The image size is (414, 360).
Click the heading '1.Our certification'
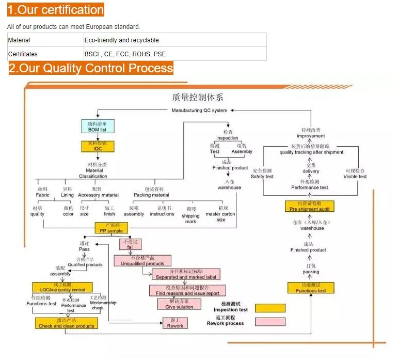click(x=56, y=10)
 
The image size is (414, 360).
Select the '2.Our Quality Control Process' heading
click(x=91, y=68)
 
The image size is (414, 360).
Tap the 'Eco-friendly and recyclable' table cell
click(x=122, y=40)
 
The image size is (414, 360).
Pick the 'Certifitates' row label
click(x=23, y=54)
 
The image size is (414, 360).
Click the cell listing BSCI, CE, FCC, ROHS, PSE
click(x=125, y=54)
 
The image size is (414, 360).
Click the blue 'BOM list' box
click(x=97, y=127)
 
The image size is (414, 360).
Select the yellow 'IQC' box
click(x=97, y=146)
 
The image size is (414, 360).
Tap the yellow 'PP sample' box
click(x=111, y=228)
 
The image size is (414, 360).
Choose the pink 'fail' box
click(x=130, y=244)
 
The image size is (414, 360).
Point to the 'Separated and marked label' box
click(x=186, y=274)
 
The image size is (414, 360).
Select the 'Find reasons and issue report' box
click(x=187, y=290)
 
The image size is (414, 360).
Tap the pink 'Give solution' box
click(x=179, y=304)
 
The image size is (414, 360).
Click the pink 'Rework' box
click(x=175, y=323)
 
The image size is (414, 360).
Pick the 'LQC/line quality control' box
click(x=62, y=288)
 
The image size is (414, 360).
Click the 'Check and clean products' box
click(x=67, y=323)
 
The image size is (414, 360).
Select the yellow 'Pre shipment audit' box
click(x=310, y=206)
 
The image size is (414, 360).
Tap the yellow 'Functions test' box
click(x=311, y=288)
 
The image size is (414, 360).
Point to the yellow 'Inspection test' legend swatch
click(x=270, y=308)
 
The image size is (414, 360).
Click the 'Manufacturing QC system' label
click(x=199, y=110)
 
